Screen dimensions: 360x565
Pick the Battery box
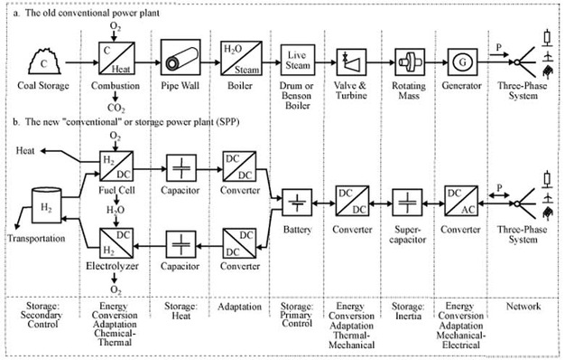(x=297, y=203)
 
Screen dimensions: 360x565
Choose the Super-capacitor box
(x=409, y=203)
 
